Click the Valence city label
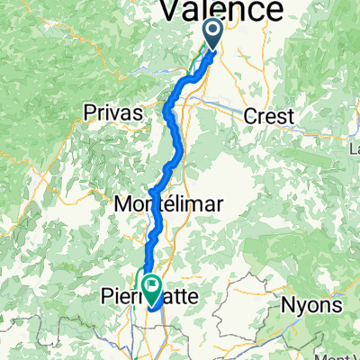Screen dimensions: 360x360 220,10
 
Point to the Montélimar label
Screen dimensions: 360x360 169,204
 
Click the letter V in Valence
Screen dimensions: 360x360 173,10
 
